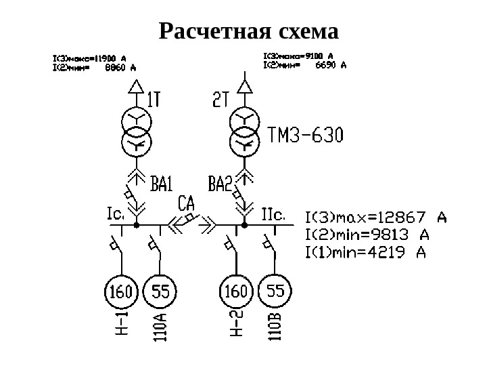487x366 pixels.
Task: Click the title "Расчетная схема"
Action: tap(248, 31)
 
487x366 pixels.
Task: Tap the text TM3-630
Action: tap(306, 137)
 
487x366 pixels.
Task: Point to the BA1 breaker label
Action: tap(162, 183)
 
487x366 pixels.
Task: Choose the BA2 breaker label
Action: tap(221, 183)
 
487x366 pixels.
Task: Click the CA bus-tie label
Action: tap(187, 203)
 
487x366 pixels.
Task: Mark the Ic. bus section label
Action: tap(115, 214)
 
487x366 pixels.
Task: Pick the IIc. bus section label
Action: tap(273, 214)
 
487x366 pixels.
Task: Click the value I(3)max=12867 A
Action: tap(376, 218)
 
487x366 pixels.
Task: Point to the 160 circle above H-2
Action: tap(236, 293)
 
